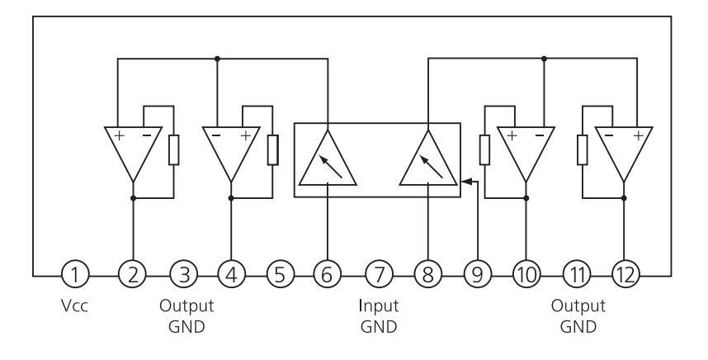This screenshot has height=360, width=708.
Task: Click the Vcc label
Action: point(75,306)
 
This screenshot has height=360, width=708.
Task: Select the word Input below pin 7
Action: point(379,306)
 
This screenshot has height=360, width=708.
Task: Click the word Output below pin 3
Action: point(186,306)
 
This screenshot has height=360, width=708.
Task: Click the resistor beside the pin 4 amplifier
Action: point(272,149)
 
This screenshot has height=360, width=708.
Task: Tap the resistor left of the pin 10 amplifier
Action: point(484,149)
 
